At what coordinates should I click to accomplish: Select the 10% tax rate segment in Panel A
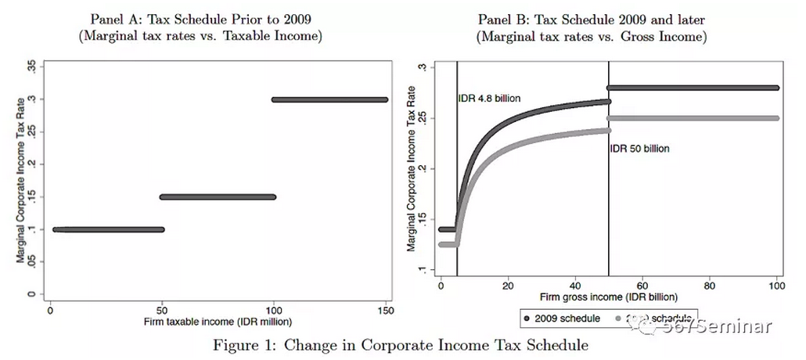tap(108, 229)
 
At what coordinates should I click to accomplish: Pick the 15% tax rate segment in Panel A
tap(218, 196)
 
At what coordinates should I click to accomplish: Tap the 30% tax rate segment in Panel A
tap(329, 99)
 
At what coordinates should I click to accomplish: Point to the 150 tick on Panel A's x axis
tap(387, 309)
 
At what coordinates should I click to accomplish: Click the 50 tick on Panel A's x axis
tap(162, 309)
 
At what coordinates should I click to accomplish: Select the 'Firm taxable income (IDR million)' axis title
tap(218, 322)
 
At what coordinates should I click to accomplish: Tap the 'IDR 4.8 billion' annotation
tap(489, 99)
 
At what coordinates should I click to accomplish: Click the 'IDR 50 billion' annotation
tap(639, 148)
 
